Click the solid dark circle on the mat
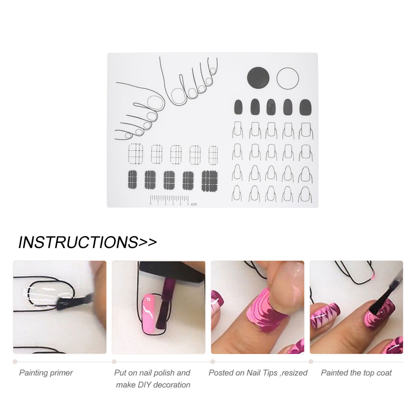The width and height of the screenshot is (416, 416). (258, 78)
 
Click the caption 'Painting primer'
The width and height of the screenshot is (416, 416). (46, 373)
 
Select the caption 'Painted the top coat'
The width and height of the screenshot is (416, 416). (356, 373)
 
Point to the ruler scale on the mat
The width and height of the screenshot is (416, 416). (169, 199)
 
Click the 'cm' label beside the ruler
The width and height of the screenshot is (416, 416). (194, 204)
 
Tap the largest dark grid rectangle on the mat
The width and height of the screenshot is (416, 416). (210, 181)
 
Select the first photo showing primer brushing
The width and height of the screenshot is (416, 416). (60, 307)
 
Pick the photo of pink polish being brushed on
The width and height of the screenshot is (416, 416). (158, 307)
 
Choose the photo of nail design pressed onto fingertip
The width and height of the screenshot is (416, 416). (258, 307)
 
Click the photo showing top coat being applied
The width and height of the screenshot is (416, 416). (356, 307)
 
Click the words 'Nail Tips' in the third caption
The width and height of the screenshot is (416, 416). (262, 373)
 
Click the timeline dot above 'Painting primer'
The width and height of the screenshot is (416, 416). (15, 361)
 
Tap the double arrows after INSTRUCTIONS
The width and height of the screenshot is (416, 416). (147, 242)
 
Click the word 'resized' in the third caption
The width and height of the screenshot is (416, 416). (295, 373)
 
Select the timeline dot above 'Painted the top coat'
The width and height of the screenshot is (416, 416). (311, 361)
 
